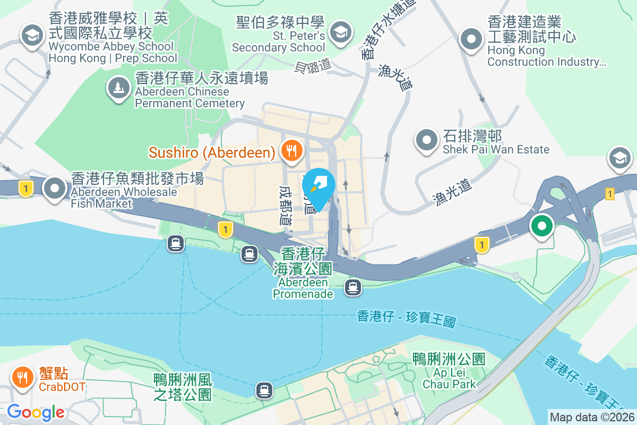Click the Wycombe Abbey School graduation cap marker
[32, 36]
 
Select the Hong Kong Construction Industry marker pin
[471, 39]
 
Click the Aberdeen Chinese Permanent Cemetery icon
[118, 87]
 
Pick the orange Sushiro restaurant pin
[290, 151]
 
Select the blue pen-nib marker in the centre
[318, 185]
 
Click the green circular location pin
[541, 226]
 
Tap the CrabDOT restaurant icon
[22, 378]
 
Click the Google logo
[36, 412]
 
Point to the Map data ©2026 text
[591, 417]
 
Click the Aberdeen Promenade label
[303, 287]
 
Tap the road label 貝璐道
[313, 65]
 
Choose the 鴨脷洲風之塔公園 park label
[183, 387]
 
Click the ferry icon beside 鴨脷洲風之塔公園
[264, 390]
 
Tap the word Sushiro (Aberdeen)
[212, 152]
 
